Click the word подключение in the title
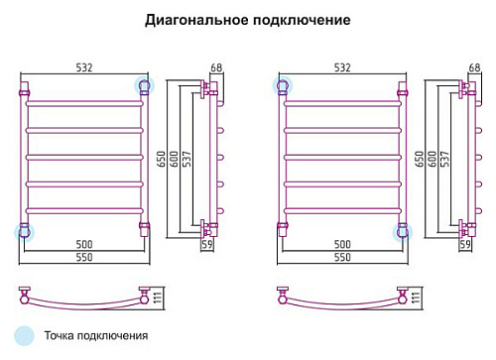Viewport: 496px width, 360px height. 302,20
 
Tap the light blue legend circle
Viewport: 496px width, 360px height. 24,336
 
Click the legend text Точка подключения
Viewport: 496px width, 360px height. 96,336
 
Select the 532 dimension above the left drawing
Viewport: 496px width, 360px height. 84,67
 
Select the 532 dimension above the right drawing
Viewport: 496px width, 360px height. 342,67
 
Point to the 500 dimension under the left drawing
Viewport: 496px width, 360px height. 84,245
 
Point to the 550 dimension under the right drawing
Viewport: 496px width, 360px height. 342,257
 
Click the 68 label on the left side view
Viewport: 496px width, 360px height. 216,67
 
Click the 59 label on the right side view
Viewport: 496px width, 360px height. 465,244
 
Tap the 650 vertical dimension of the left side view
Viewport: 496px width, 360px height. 161,159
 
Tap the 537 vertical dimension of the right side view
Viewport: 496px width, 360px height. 444,159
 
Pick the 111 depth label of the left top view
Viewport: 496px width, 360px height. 158,298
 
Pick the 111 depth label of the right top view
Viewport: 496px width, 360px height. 416,298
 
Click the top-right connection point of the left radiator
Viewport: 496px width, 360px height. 144,85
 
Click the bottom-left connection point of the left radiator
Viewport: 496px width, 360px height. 24,232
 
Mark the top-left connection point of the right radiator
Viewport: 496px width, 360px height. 283,85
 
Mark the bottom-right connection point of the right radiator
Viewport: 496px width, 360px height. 403,232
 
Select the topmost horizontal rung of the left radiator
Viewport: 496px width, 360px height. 84,104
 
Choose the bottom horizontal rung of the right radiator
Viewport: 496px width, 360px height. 342,211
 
